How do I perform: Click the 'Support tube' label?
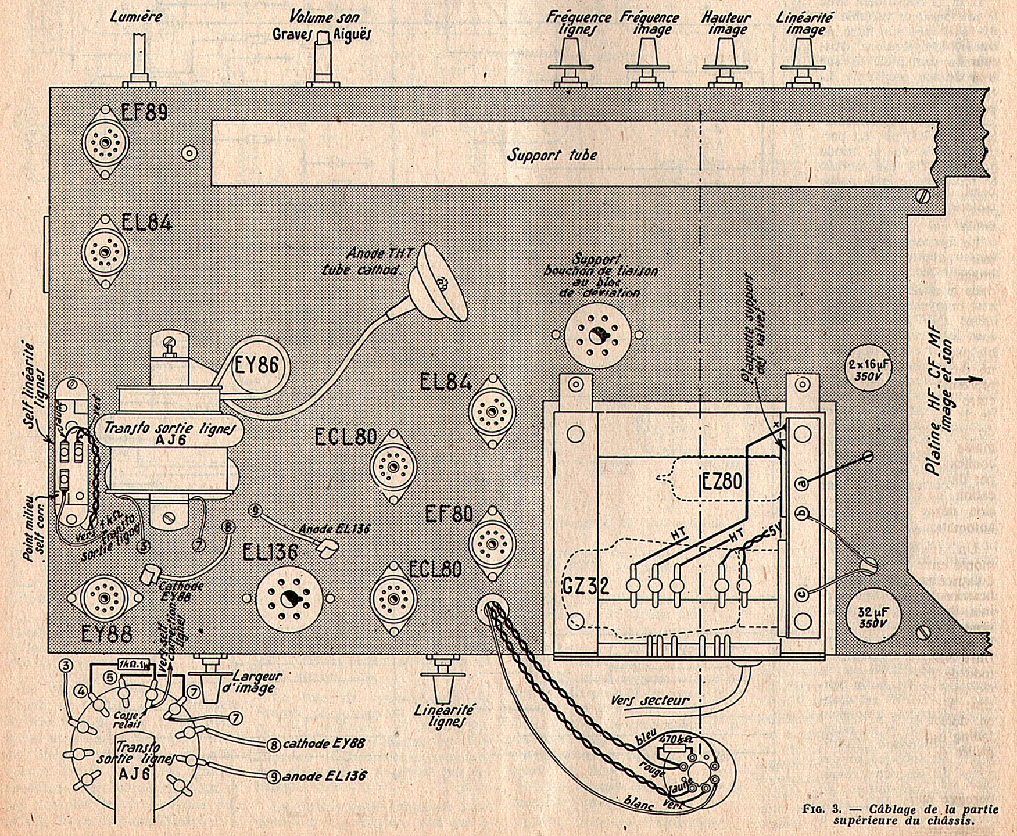tap(552, 155)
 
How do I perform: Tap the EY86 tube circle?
tap(256, 366)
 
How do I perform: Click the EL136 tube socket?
tap(289, 599)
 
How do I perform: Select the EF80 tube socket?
tap(492, 544)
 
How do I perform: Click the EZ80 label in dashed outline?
tap(722, 481)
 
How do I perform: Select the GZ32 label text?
tap(586, 587)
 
